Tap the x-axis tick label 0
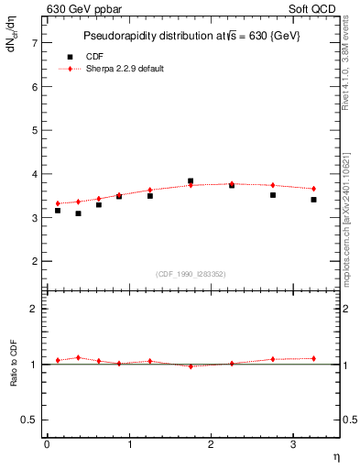click(x=47, y=444)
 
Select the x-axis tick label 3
click(x=292, y=444)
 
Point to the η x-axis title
click(x=334, y=456)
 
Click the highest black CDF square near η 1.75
click(x=191, y=181)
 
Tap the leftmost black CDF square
click(x=58, y=211)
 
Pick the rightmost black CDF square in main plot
click(x=313, y=200)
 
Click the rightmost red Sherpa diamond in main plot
click(x=313, y=189)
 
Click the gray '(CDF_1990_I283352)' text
click(x=191, y=274)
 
